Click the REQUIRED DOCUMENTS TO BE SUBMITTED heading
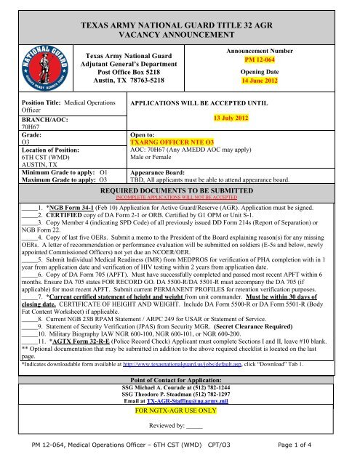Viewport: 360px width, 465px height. tap(179, 226)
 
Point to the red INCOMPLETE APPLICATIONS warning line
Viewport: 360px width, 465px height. tap(179, 235)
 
